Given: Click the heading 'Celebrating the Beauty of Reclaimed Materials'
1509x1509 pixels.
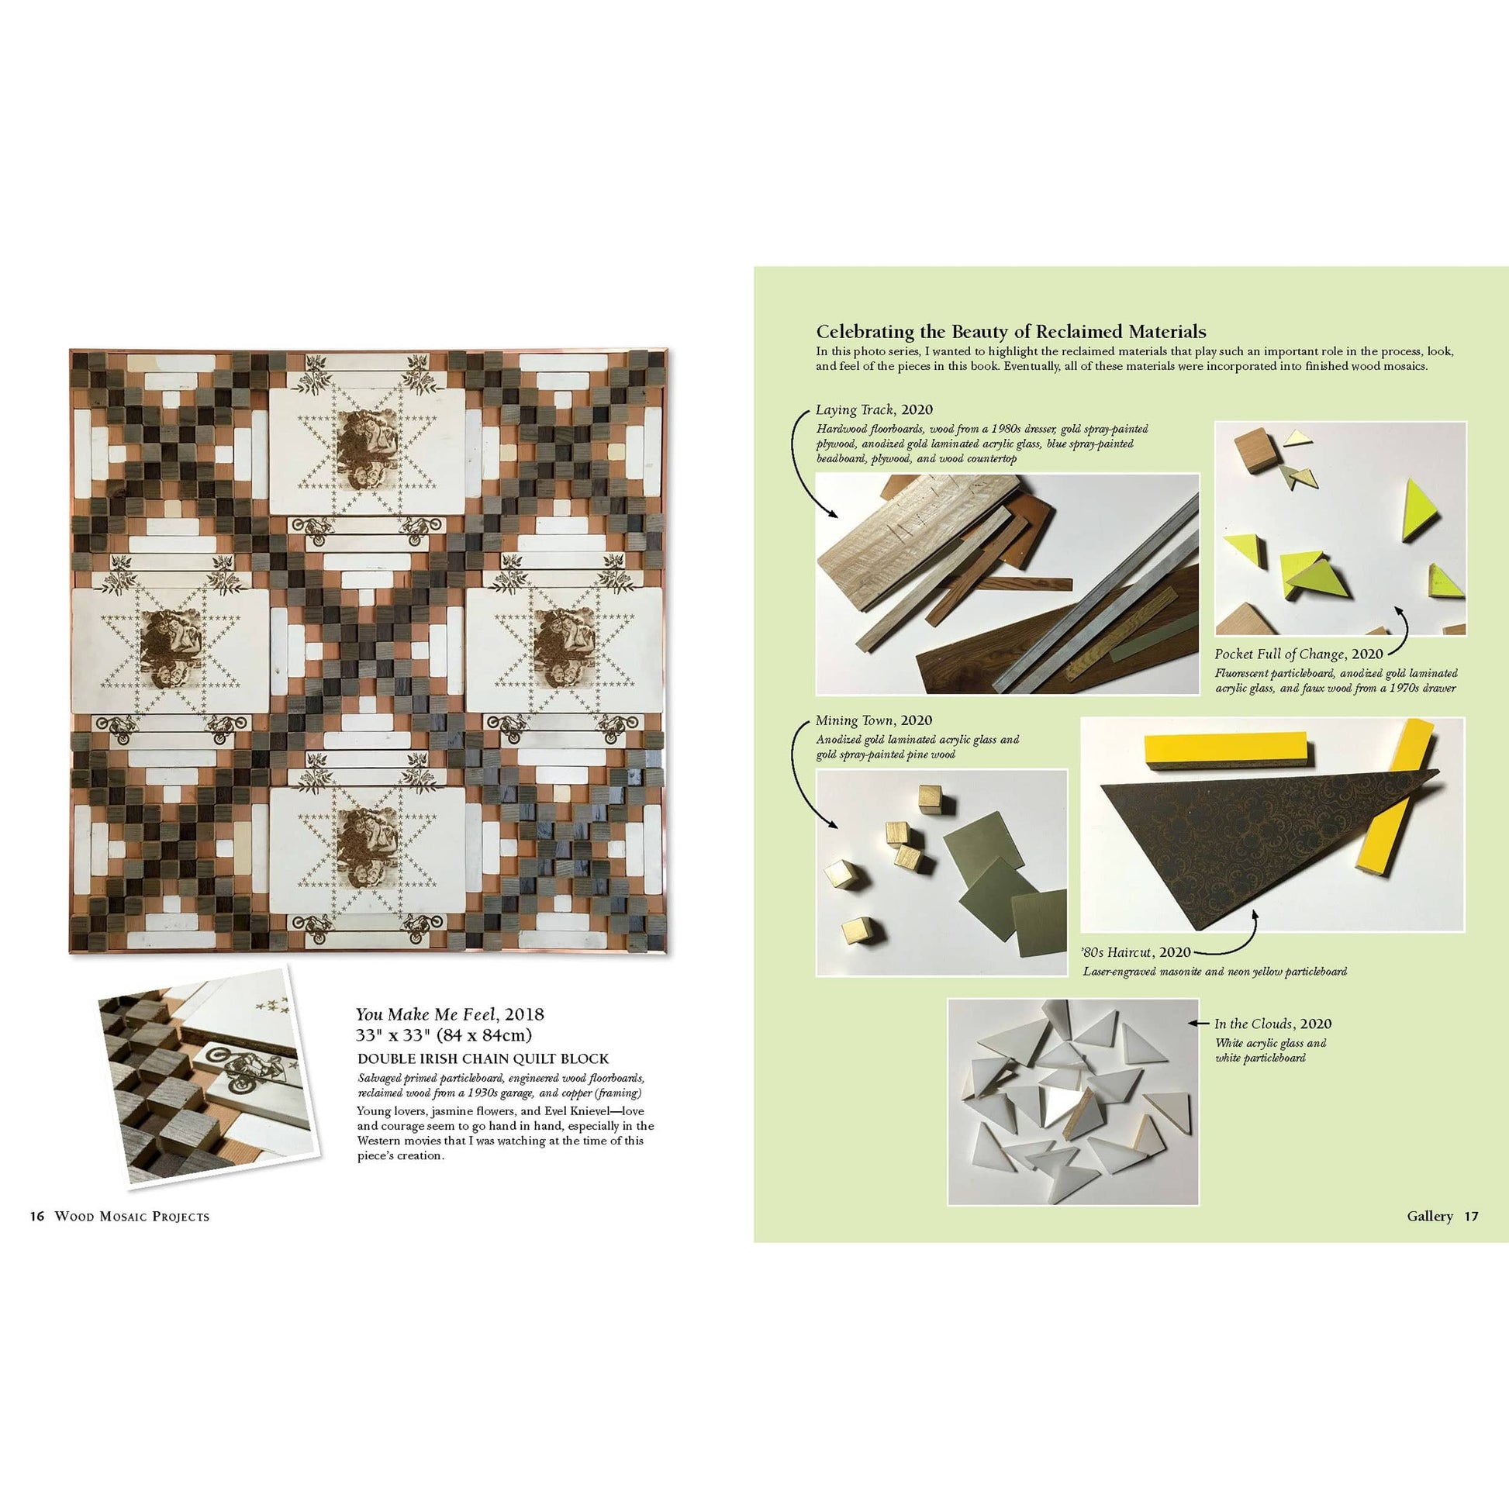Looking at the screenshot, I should (x=1010, y=332).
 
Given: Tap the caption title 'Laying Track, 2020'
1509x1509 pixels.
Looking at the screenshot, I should (x=873, y=410).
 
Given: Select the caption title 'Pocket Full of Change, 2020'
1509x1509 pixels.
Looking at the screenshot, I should (x=1298, y=654).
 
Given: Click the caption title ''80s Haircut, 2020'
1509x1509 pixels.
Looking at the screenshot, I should (x=1137, y=952).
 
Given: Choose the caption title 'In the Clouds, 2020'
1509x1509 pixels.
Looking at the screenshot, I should (x=1272, y=1023).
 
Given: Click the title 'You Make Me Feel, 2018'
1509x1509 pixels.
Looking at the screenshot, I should (x=449, y=1014).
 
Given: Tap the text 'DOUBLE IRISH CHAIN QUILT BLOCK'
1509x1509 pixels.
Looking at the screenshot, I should (x=482, y=1059).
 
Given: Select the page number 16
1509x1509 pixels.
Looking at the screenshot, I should (x=36, y=1216).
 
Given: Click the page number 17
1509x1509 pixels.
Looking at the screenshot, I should (x=1471, y=1216).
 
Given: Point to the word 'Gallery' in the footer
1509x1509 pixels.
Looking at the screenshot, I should (x=1429, y=1216).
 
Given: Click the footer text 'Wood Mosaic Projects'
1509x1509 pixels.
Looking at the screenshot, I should (x=132, y=1216).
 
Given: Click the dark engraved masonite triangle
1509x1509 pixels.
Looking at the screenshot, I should (x=1218, y=844).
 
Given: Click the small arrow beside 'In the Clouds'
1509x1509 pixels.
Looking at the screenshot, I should (x=1198, y=1023).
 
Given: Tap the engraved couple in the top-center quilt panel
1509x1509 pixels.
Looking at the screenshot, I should (x=367, y=449).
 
